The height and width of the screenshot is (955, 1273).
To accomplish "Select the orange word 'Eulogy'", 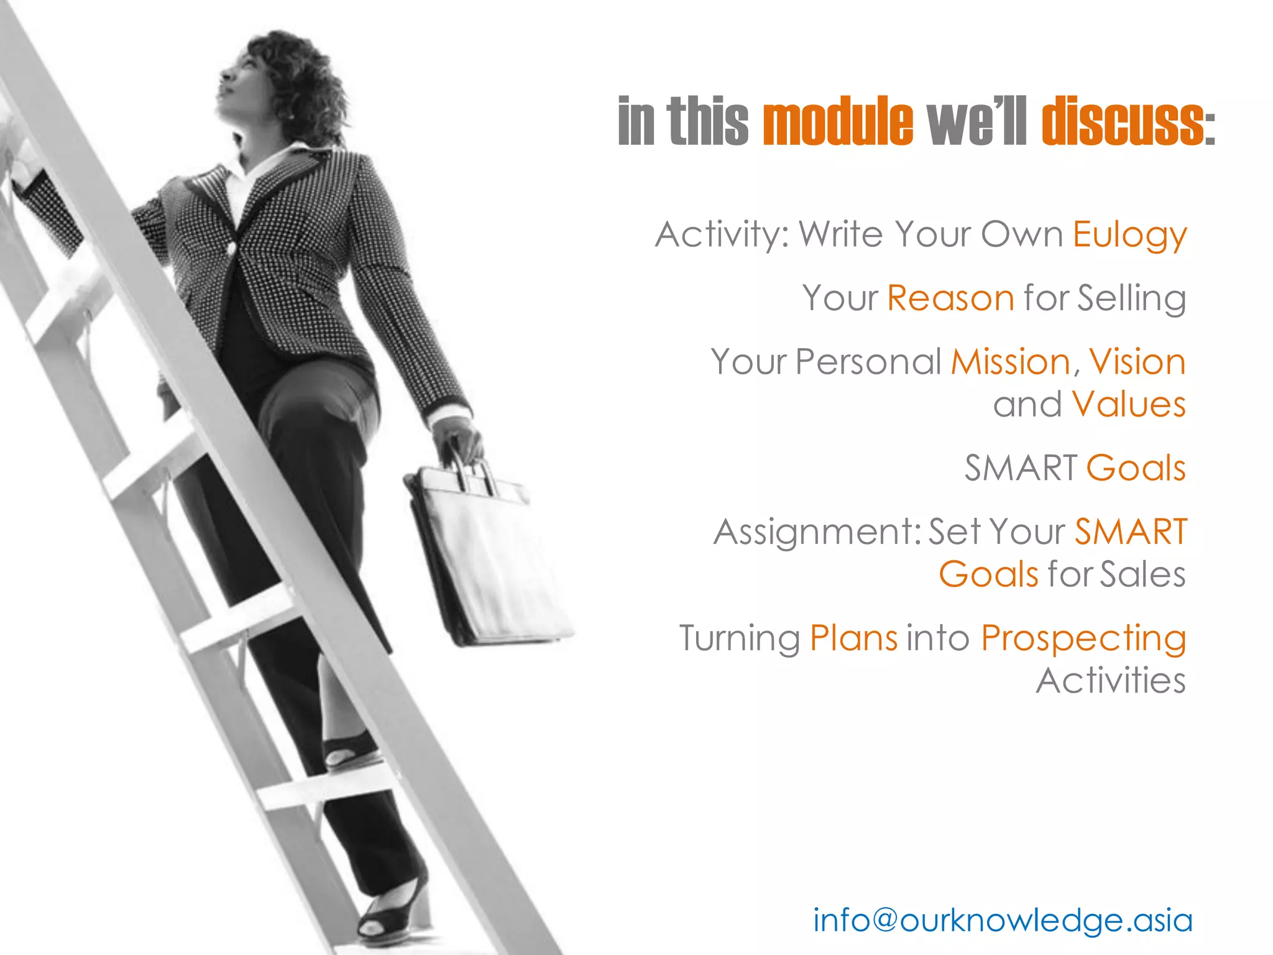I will click(x=1129, y=236).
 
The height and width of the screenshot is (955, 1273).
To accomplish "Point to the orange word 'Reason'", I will click(x=950, y=298).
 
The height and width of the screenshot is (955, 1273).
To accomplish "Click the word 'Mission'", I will click(x=1010, y=362).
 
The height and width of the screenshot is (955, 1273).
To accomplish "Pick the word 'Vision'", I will click(x=1137, y=362).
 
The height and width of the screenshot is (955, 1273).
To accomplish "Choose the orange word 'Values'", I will click(x=1128, y=404).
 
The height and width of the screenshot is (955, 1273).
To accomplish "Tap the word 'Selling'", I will click(x=1131, y=299).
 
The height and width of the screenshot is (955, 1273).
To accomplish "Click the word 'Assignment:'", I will click(x=817, y=533).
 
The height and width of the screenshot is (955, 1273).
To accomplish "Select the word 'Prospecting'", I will click(x=1083, y=639).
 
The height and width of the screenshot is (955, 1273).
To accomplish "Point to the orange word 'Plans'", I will click(x=853, y=639).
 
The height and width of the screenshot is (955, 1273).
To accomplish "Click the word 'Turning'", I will click(x=739, y=639).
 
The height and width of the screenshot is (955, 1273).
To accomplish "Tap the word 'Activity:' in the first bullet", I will click(x=722, y=235).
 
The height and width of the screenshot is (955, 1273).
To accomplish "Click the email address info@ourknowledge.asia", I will click(x=1003, y=920).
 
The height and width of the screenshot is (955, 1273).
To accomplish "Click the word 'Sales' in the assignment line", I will click(x=1142, y=574).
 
